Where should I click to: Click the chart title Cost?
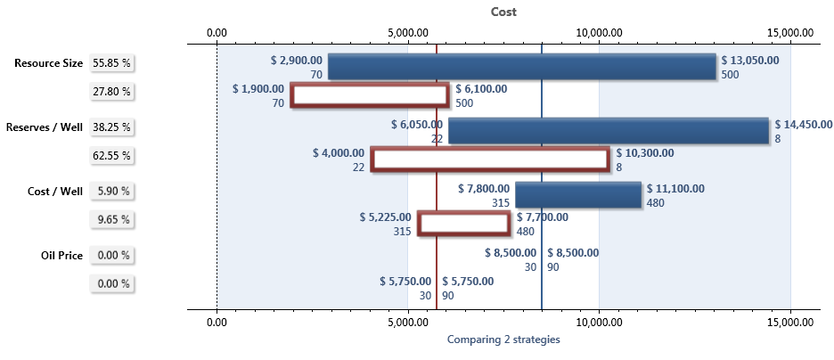pos(503,12)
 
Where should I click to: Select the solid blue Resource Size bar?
pos(521,67)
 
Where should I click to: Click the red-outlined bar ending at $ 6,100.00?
pos(370,95)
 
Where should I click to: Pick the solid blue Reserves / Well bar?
pos(608,131)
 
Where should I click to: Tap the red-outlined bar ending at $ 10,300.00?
pos(490,160)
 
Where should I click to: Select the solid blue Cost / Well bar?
pos(577,195)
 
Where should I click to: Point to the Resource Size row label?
pos(49,63)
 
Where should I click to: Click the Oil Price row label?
pos(61,256)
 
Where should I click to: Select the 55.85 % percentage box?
pos(112,63)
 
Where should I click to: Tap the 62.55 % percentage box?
pos(112,156)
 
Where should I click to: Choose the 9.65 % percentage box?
pos(112,219)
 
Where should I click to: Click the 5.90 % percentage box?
pos(112,191)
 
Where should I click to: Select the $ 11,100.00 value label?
pos(675,188)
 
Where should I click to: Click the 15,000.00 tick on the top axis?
pos(790,32)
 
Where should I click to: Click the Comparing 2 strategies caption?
pos(503,340)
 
